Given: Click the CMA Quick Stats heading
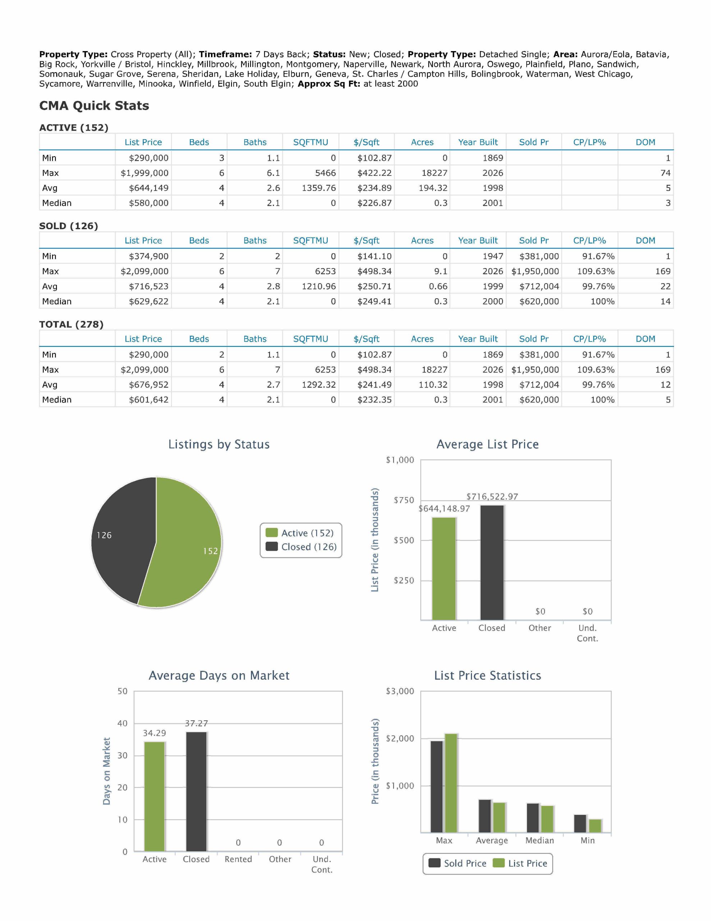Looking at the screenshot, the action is coord(94,105).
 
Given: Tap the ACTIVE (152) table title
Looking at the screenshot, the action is coord(74,127).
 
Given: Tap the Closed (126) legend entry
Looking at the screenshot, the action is coord(301,546).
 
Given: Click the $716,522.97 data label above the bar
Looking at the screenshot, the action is coord(492,496).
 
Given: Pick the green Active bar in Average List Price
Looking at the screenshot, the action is coord(444,568).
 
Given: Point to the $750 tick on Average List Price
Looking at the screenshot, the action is coord(404,500).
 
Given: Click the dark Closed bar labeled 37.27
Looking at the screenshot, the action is coord(196,791).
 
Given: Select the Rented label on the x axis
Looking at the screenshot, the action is coord(238,859).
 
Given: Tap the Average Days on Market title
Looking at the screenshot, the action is coord(219,676).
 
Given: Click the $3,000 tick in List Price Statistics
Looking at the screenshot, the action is coord(400,691).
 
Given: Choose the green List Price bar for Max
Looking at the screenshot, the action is coord(451,783).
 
